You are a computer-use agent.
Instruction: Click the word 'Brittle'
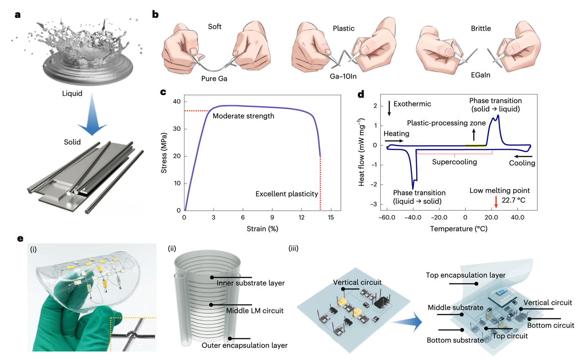point(481,28)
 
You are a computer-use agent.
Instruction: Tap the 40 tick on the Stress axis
point(176,101)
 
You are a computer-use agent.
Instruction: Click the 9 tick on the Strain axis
point(272,217)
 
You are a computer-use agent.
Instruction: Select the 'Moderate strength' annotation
point(243,116)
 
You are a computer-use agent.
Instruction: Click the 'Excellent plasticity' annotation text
point(287,194)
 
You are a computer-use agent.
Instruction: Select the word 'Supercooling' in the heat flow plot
point(455,162)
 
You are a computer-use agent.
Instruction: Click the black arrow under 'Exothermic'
point(389,108)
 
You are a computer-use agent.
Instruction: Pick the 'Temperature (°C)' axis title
point(458,228)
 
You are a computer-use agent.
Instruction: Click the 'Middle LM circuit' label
point(255,311)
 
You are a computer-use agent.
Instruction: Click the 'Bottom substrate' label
point(455,340)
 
